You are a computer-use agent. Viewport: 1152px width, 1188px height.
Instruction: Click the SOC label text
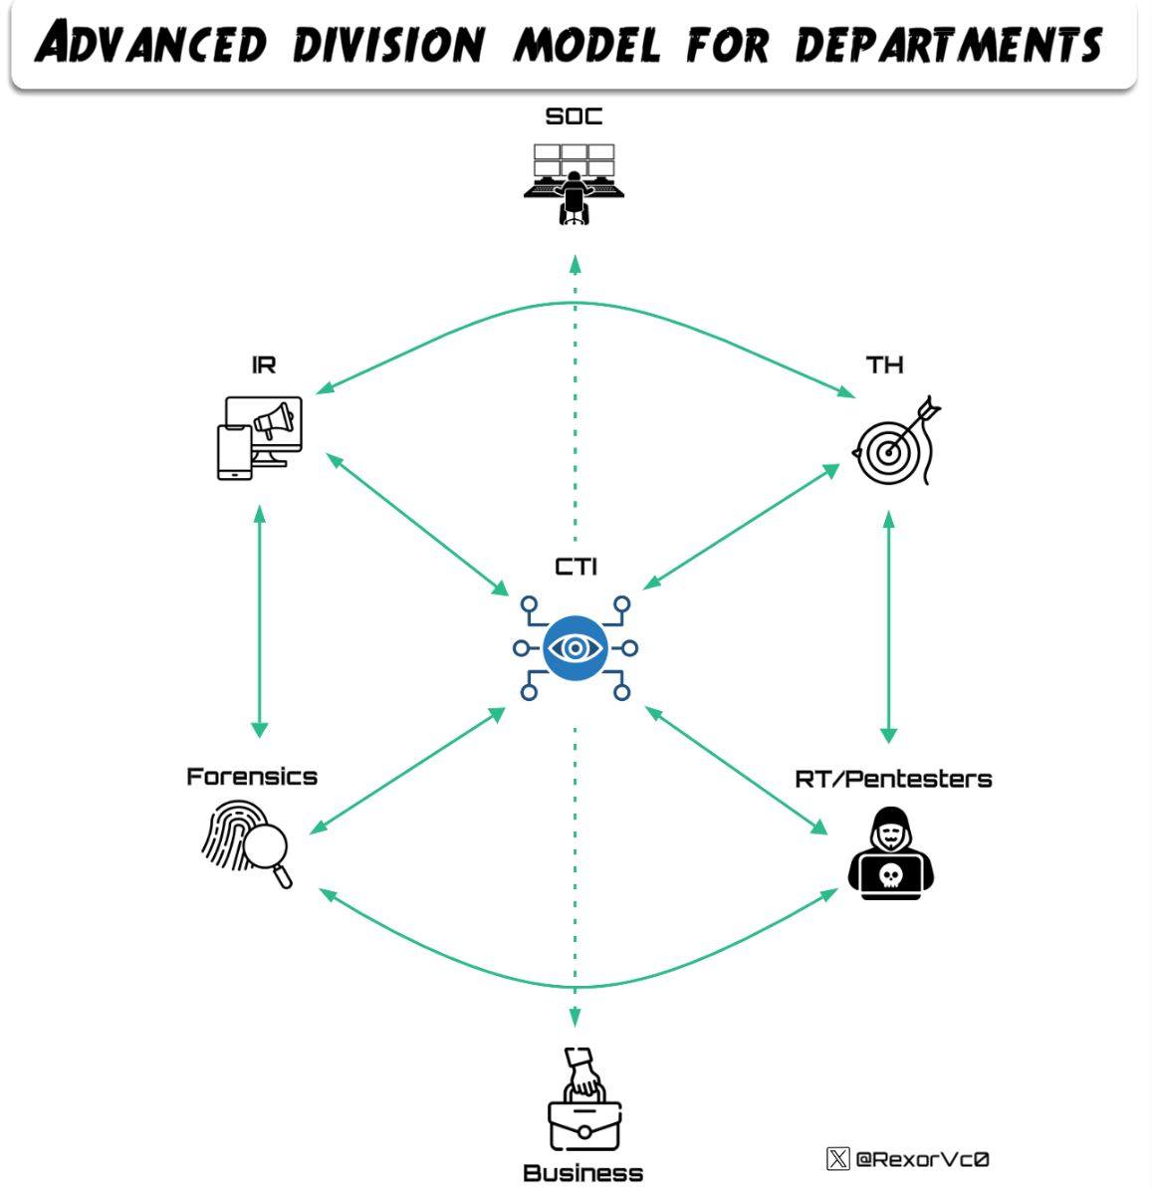pos(574,117)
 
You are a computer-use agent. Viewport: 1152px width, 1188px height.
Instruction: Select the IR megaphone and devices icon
pos(260,437)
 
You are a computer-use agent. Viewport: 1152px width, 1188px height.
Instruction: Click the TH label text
pos(884,365)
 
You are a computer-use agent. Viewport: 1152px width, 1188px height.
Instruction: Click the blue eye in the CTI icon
pos(575,648)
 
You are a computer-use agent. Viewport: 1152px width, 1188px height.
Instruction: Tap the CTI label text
pos(576,567)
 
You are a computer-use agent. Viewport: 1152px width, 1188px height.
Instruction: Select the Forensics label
pos(252,777)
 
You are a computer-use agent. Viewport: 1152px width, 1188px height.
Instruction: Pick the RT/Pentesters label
pos(893,779)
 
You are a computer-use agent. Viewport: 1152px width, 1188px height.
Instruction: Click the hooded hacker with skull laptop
pos(891,855)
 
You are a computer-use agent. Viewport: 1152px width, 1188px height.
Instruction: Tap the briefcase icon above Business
pos(584,1101)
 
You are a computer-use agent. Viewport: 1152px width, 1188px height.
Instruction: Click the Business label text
pos(582,1173)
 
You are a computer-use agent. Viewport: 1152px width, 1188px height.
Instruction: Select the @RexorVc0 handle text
pos(922,1159)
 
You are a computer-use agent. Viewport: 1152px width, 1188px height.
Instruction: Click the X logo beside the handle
pos(837,1158)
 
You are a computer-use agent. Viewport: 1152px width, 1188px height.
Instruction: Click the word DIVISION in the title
pos(388,45)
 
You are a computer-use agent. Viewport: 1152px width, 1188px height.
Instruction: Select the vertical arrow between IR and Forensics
pos(260,620)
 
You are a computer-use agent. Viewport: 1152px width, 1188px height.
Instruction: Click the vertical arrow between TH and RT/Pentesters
pos(889,626)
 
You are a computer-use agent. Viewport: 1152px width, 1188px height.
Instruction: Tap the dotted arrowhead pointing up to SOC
pos(575,264)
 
